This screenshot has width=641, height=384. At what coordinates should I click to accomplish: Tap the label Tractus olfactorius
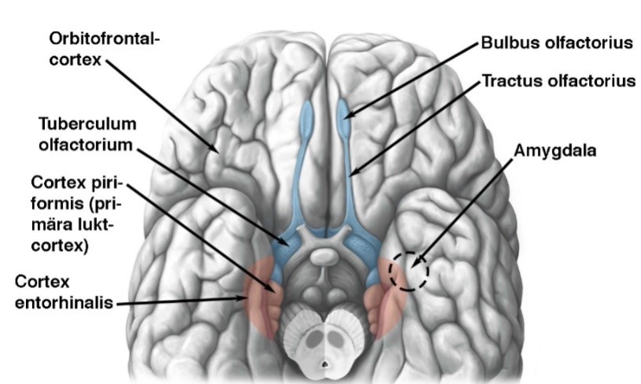(558, 81)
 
